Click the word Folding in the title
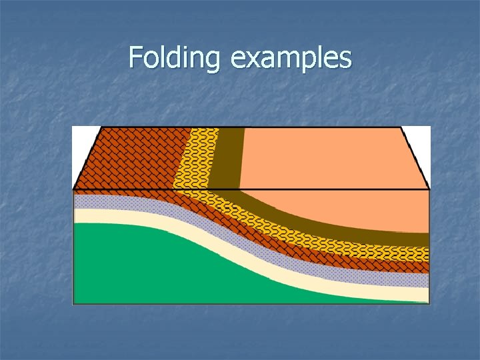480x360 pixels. point(173,58)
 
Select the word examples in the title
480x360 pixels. point(291,58)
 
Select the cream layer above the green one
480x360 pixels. point(133,215)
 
